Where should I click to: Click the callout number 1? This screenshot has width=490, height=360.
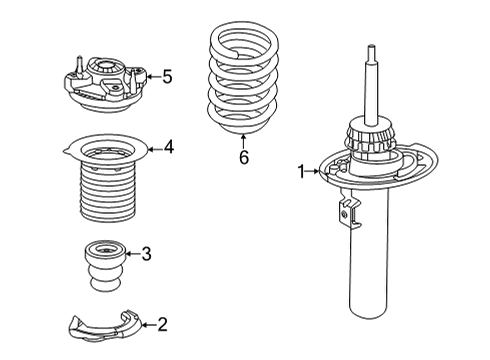[300, 171]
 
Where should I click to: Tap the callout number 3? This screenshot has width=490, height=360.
[146, 254]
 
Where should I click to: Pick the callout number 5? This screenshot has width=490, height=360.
[167, 75]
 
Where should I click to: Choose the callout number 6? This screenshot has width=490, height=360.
[243, 156]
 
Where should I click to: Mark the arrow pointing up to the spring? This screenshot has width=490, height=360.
[243, 138]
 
